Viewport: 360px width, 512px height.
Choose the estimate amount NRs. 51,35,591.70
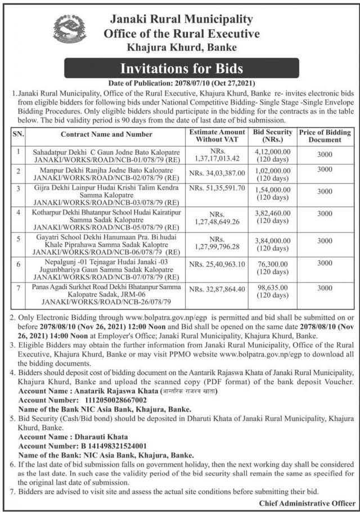coord(218,187)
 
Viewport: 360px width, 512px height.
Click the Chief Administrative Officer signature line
coord(307,502)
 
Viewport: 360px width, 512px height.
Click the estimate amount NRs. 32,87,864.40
coord(218,289)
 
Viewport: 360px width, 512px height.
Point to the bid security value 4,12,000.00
coord(273,151)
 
